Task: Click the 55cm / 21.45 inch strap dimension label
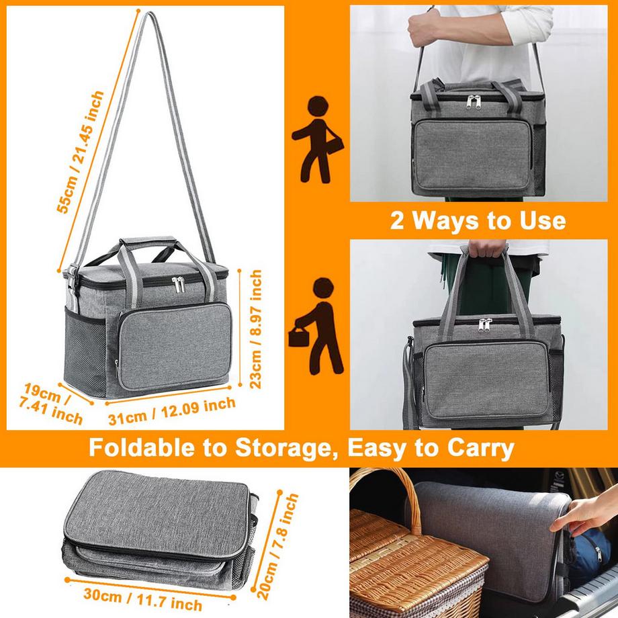point(81,153)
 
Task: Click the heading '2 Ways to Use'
point(478,220)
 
